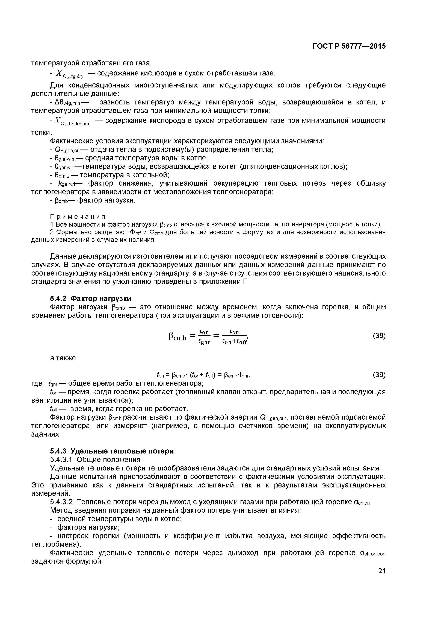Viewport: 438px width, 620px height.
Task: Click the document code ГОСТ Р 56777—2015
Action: point(349,46)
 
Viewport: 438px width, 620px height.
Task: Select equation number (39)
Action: point(379,375)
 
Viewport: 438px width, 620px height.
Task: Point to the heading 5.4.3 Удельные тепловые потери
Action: point(112,451)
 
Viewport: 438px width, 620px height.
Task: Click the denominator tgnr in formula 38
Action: point(204,342)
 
